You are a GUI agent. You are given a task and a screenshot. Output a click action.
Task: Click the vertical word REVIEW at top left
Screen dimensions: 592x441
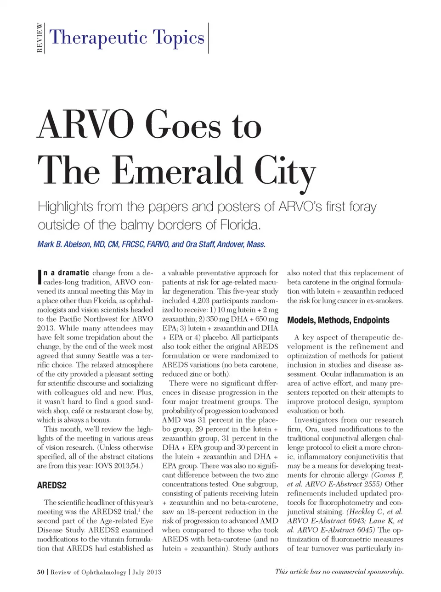coord(40,38)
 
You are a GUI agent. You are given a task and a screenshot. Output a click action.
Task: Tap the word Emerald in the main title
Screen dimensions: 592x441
coord(177,171)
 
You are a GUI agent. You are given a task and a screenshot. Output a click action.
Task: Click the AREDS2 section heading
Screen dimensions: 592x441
coord(52,485)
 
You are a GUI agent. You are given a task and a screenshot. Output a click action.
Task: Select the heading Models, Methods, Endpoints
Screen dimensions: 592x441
coord(338,320)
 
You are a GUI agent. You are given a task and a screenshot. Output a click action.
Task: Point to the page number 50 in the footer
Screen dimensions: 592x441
coord(40,572)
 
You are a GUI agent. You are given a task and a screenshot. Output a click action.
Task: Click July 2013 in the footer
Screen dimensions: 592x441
coord(147,572)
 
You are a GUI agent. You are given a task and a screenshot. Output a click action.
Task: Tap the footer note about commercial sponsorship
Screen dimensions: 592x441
coord(339,571)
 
